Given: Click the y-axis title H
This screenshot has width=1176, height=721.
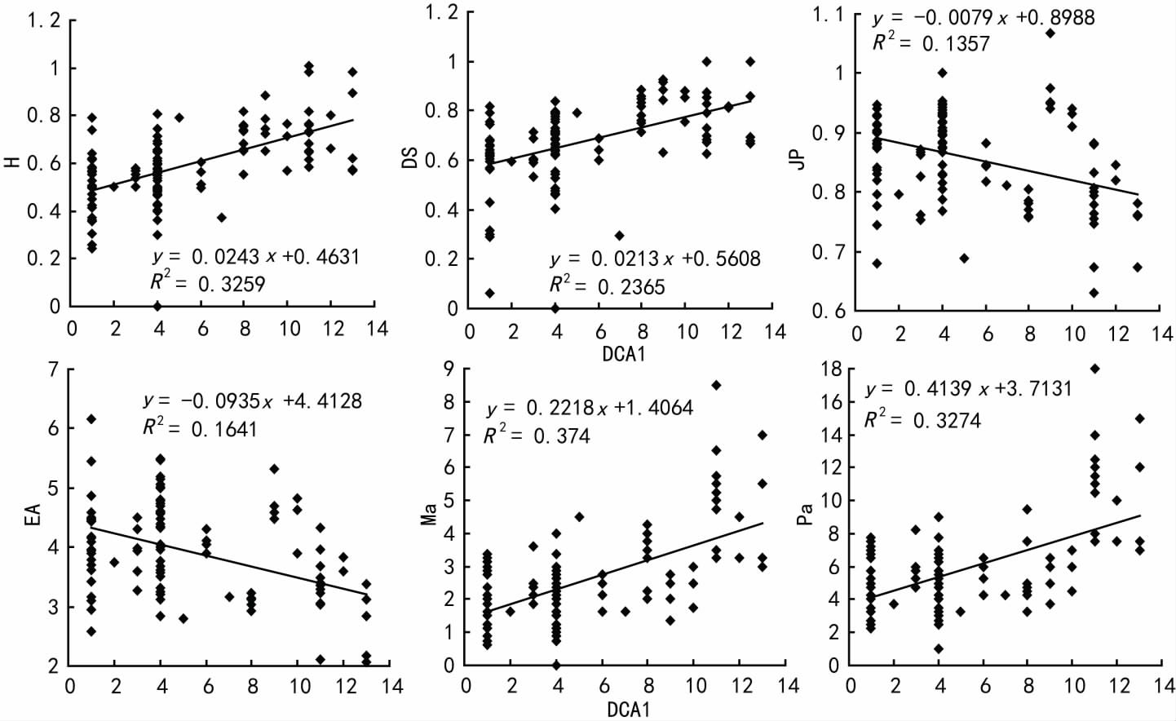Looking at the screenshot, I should point(12,162).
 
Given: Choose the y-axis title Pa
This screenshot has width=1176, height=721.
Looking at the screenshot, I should point(805,513).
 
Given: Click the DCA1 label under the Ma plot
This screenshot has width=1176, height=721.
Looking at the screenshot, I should point(628,709).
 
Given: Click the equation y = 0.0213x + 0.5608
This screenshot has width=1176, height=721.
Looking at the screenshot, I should point(655,259).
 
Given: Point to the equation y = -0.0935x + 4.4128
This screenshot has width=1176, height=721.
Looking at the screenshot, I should point(252,401).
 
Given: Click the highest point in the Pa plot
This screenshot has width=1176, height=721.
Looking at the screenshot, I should point(1094,369).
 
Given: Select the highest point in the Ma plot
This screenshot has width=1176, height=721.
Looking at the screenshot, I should point(716,385).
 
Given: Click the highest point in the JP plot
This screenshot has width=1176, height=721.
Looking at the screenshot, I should point(1050,33).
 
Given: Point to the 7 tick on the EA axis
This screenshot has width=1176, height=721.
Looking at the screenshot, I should point(53,370).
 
